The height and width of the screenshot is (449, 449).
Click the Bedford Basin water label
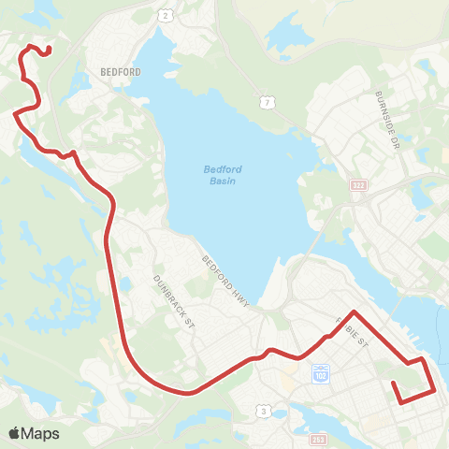tap(223, 174)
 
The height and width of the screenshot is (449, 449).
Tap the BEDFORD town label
tap(119, 71)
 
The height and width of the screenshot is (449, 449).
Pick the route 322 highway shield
tap(357, 187)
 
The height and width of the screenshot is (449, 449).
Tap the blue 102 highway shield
tap(320, 372)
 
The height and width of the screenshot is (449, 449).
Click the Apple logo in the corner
tap(14, 432)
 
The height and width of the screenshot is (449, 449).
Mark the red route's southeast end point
tap(401, 401)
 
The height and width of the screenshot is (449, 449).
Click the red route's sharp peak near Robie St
tap(355, 311)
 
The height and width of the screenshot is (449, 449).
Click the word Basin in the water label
tap(223, 181)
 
